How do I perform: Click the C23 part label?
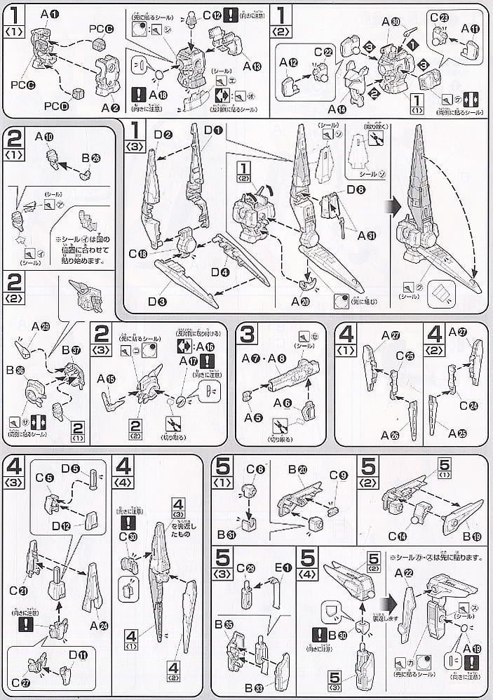coord(440,19)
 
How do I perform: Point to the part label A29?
coord(43,327)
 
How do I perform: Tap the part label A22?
coord(403,573)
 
